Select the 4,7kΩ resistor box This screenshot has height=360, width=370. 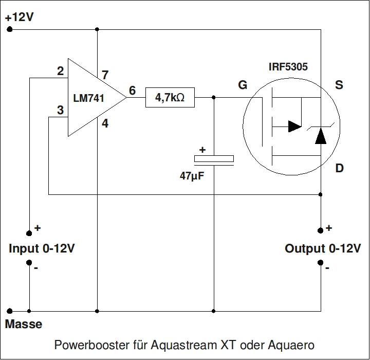click(170, 97)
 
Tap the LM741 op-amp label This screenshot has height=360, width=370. click(88, 97)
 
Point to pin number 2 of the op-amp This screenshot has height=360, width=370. click(61, 71)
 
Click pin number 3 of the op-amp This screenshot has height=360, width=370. click(61, 110)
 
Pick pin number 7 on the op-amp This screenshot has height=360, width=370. click(105, 75)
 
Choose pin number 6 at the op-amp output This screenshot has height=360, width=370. click(132, 91)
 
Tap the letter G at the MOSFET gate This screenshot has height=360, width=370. click(242, 85)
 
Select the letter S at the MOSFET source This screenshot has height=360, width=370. click(339, 85)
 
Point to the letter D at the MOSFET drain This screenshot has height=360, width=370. click(339, 169)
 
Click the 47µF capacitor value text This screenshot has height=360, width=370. click(192, 176)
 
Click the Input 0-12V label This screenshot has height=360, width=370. click(42, 249)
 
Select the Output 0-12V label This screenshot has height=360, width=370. click(322, 249)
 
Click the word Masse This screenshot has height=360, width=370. click(24, 325)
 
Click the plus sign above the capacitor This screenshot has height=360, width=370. click(202, 150)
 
